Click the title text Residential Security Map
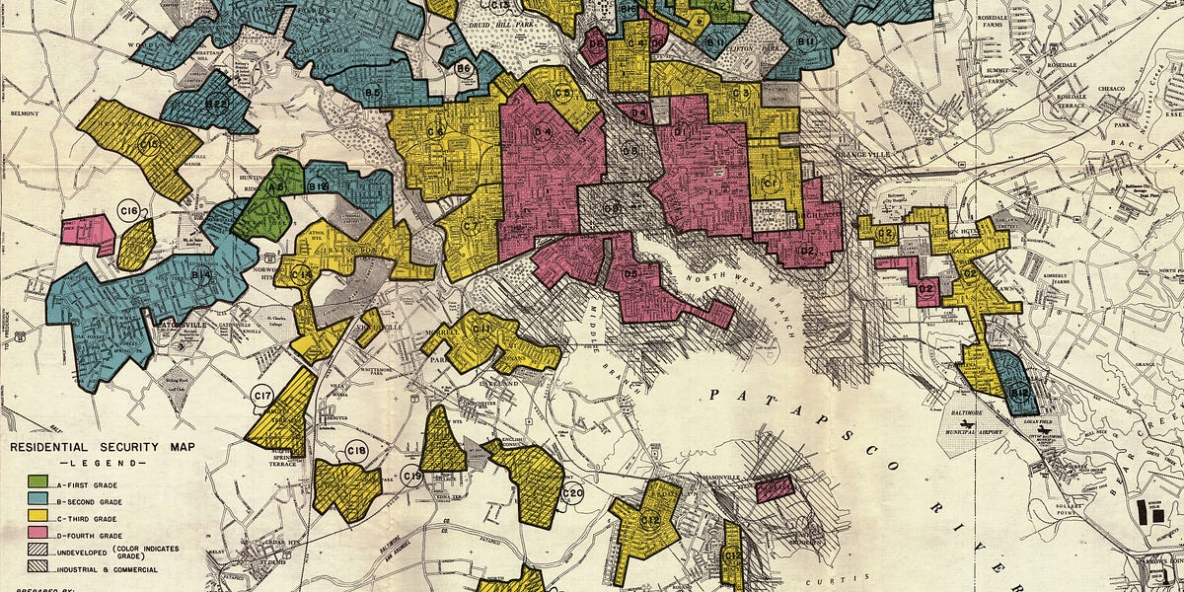point(102,447)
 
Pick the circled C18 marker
point(356,451)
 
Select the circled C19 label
point(413,477)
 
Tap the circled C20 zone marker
point(572,493)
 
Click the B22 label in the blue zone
point(216,102)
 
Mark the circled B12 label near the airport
point(1020,393)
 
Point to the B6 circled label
point(463,68)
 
